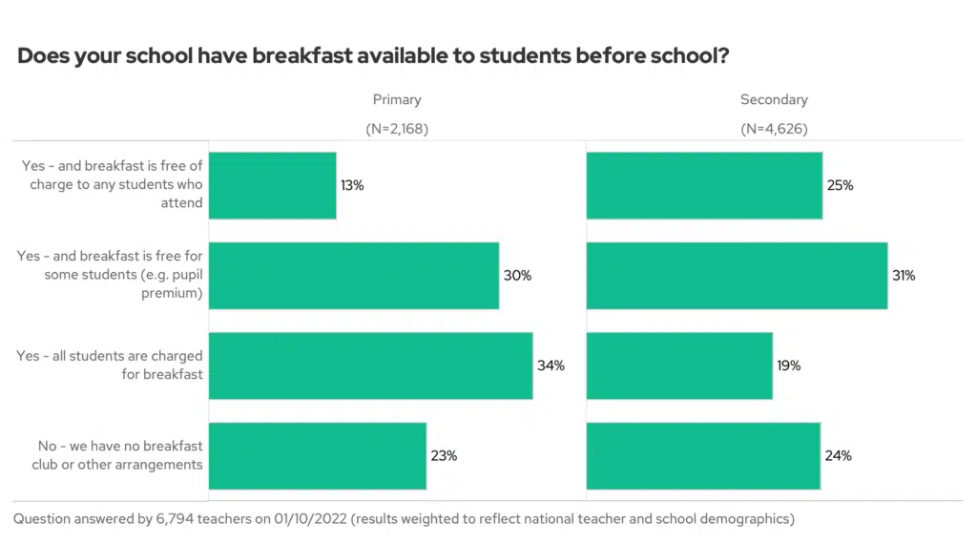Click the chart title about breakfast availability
point(373,56)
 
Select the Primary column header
point(397,99)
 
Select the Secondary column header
point(774,99)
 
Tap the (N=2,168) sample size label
point(397,129)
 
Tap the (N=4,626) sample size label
point(774,129)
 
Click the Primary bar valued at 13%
point(272,185)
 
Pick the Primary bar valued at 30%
point(353,276)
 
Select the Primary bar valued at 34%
point(370,365)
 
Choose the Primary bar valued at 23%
point(317,455)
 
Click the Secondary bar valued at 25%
point(704,185)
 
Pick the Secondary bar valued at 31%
point(737,276)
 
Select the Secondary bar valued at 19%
point(679,365)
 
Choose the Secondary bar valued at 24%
point(703,455)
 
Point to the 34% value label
point(551,365)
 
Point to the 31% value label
point(903,276)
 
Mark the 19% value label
point(788,365)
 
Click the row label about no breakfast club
point(120,455)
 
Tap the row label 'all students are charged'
point(110,365)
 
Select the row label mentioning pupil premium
point(110,276)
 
